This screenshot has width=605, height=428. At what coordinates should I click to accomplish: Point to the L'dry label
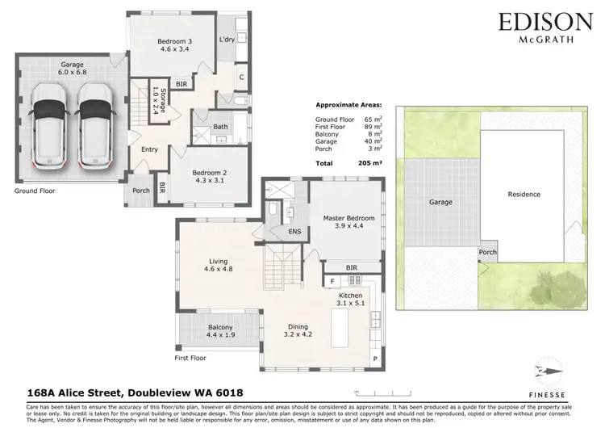(x=227, y=40)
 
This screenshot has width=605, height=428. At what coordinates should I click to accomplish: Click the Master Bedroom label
(x=345, y=222)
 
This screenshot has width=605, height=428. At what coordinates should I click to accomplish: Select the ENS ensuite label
(x=295, y=233)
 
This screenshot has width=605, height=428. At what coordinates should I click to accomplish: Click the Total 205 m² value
(x=364, y=162)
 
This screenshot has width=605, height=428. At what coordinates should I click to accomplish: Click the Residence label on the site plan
(x=524, y=195)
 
